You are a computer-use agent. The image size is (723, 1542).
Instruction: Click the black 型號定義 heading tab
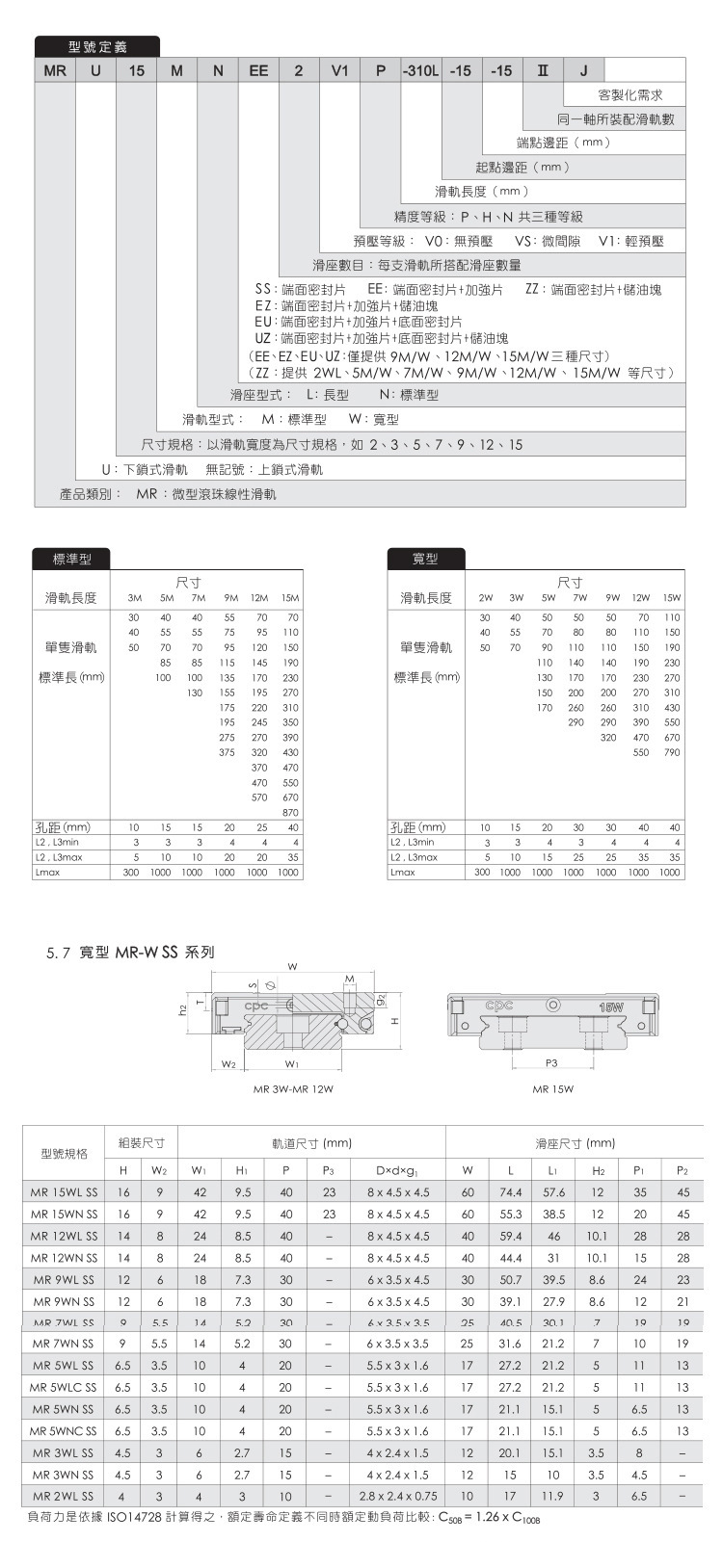(x=97, y=46)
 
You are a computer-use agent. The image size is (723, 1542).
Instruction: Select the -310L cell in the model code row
(x=420, y=71)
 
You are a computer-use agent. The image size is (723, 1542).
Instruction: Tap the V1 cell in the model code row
(x=339, y=71)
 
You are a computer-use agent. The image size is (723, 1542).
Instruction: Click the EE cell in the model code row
(x=258, y=71)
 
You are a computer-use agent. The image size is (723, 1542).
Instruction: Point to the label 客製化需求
(x=629, y=95)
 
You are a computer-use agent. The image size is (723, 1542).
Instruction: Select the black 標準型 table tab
(x=71, y=559)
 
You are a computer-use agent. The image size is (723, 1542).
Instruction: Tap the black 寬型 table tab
(x=425, y=559)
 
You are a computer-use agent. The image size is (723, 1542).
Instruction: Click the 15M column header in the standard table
(x=289, y=598)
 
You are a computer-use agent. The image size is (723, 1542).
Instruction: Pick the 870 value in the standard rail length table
(x=290, y=813)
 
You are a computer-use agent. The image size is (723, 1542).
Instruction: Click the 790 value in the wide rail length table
(x=672, y=751)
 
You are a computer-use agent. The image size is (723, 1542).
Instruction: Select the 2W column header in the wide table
(x=485, y=598)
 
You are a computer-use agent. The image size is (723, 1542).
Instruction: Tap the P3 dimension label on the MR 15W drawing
(x=551, y=1062)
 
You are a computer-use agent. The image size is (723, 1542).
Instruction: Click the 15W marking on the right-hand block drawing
(x=611, y=1007)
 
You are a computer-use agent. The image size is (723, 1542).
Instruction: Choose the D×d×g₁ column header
(x=397, y=1170)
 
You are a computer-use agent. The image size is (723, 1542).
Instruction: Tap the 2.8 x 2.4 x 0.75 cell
(x=397, y=1496)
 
